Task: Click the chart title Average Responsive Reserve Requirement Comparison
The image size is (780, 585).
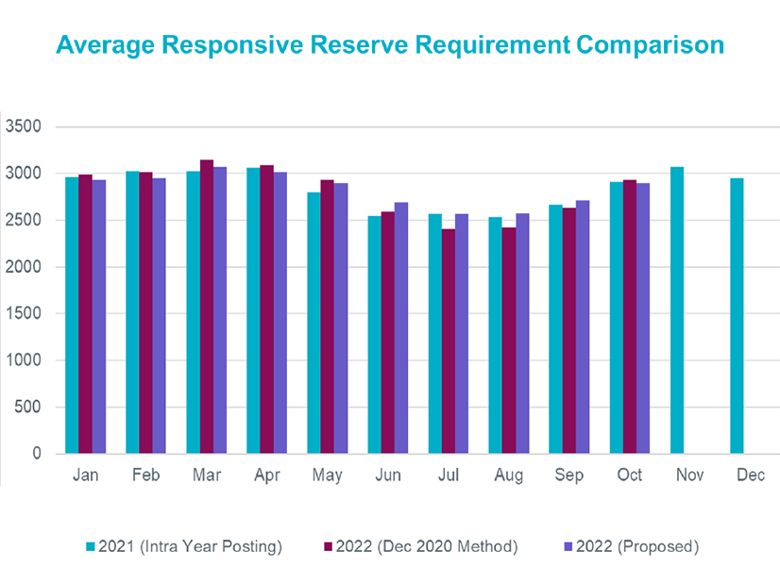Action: [389, 44]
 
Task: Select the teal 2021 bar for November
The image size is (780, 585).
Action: [677, 310]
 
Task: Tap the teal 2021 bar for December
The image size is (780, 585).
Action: [738, 316]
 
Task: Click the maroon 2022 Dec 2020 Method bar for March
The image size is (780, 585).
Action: [207, 307]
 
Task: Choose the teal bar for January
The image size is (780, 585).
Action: [72, 315]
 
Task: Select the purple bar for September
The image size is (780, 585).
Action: [583, 327]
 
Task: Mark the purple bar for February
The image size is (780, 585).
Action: [159, 316]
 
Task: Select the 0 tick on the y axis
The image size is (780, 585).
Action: [36, 454]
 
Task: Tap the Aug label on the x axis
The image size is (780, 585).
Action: [509, 476]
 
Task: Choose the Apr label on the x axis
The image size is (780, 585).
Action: [267, 476]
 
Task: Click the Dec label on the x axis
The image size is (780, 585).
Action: [751, 476]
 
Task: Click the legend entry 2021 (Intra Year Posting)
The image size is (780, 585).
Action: [183, 546]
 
